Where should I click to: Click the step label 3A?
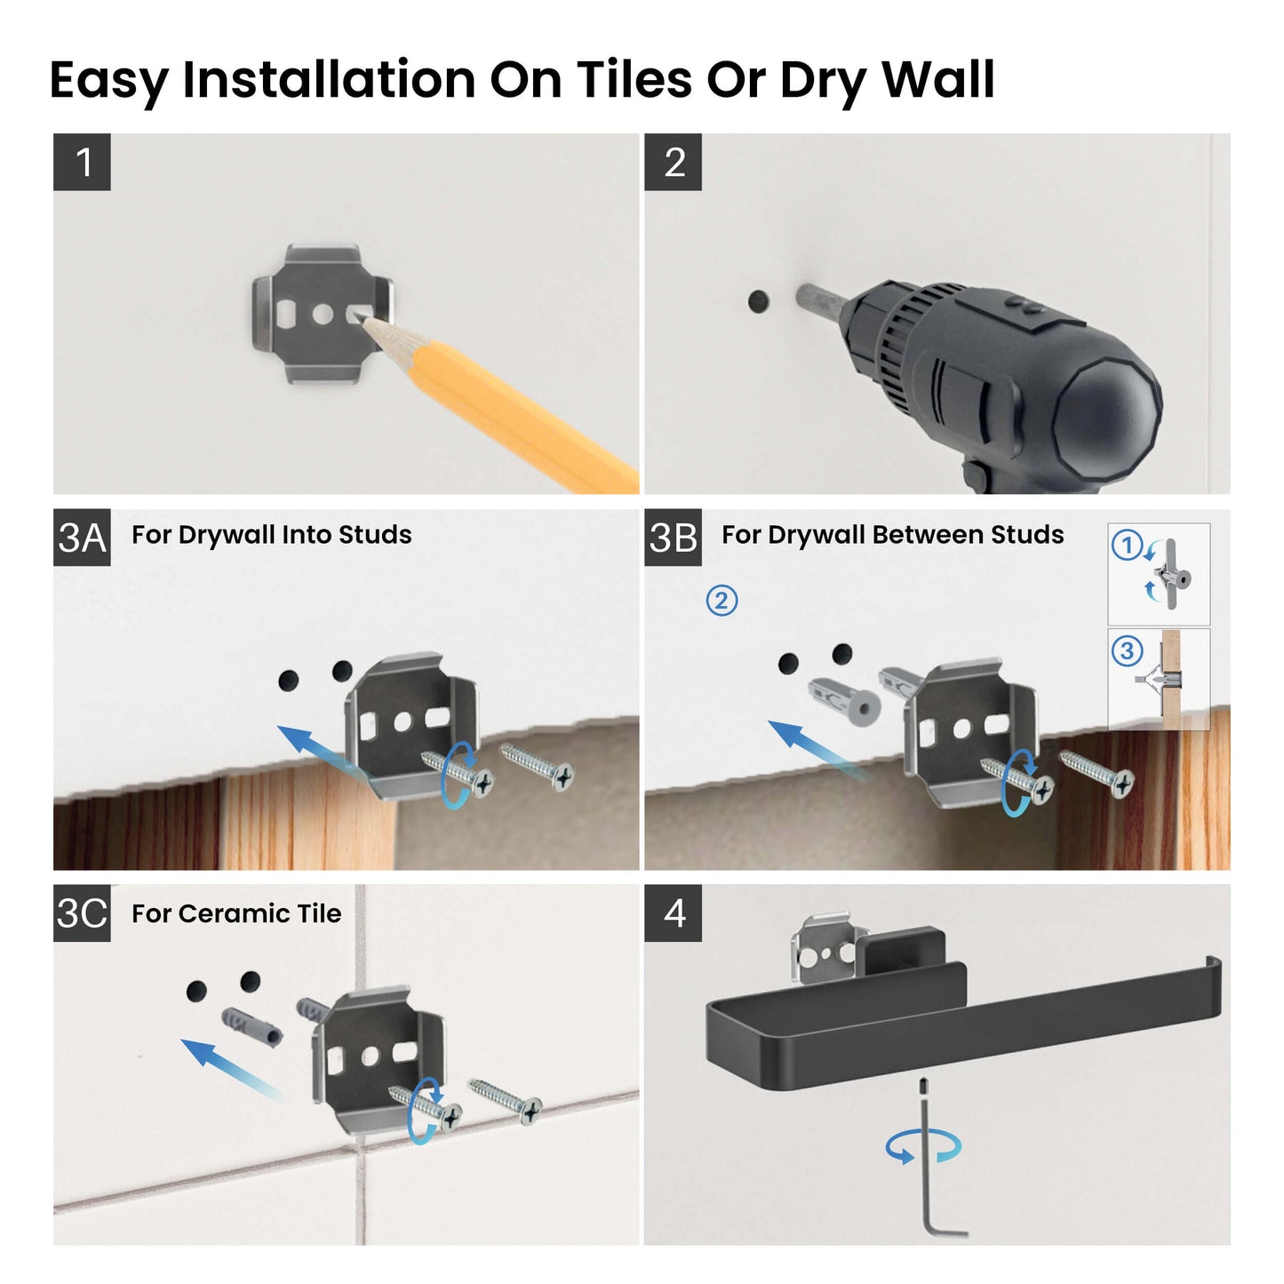click(82, 538)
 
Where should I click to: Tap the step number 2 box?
click(674, 163)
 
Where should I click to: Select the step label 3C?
click(82, 913)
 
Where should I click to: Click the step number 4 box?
click(674, 913)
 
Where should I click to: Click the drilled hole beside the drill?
click(758, 301)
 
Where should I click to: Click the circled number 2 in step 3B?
click(722, 602)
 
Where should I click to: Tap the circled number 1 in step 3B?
click(1127, 545)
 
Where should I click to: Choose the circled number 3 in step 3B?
click(1127, 651)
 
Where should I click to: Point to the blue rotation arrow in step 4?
click(923, 1146)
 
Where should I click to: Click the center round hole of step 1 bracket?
click(323, 314)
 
